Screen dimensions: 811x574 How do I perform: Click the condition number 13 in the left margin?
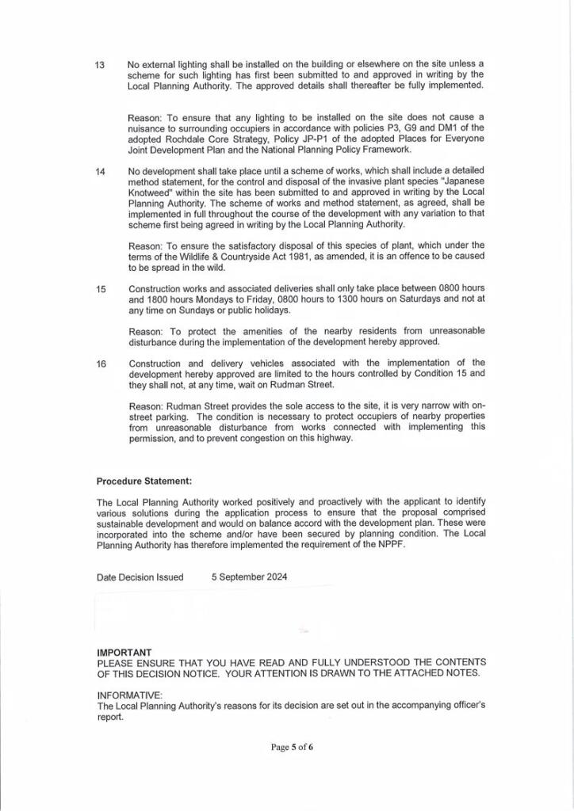click(x=101, y=64)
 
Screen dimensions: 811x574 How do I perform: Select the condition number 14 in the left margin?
click(x=101, y=171)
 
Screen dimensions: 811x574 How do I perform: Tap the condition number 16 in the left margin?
click(x=101, y=364)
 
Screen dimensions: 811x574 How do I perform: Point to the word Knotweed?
click(x=151, y=192)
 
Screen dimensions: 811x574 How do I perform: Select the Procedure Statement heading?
click(x=143, y=481)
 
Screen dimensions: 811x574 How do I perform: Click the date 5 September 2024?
click(x=250, y=577)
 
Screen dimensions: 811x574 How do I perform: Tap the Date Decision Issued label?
click(x=140, y=577)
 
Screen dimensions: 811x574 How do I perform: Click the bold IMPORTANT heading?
click(x=124, y=652)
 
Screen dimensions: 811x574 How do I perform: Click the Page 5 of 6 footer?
click(x=293, y=747)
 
